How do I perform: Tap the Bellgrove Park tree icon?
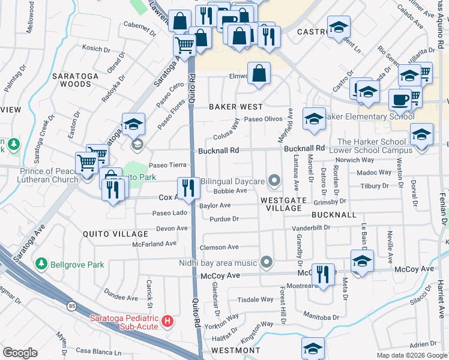point(41,264)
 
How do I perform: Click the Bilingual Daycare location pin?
point(274,180)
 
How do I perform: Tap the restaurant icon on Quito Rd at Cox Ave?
point(188,188)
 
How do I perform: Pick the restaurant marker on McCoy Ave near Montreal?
point(324,275)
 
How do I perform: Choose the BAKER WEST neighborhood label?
point(235,106)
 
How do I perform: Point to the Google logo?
point(20,352)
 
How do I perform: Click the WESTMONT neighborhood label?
point(236,350)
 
